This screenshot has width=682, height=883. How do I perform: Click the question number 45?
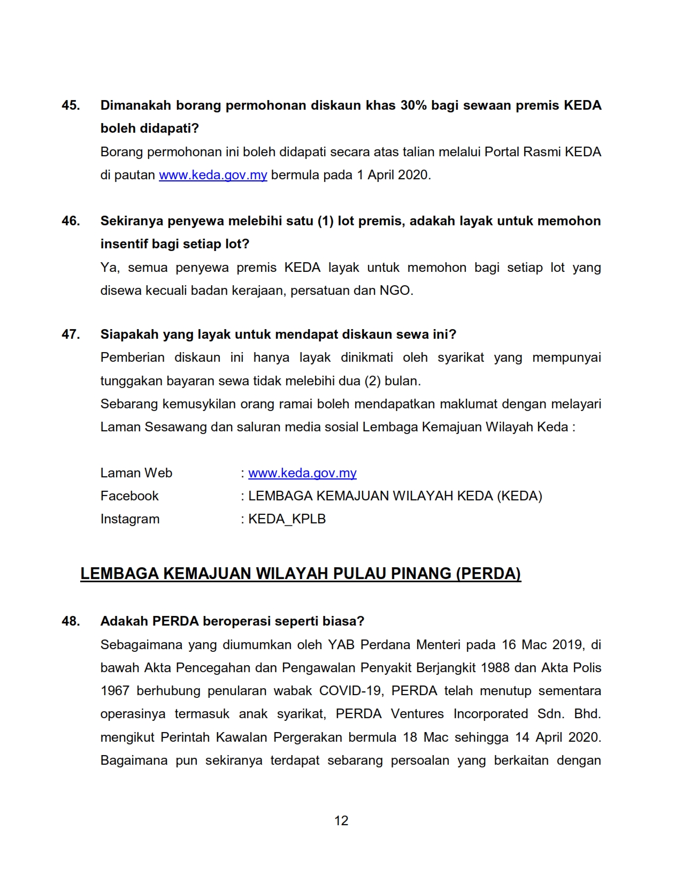(x=71, y=105)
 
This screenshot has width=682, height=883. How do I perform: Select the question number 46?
(x=71, y=221)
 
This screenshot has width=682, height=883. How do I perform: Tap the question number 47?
(x=71, y=334)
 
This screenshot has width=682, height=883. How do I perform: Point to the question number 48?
(x=71, y=621)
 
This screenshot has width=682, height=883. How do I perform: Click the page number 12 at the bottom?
(x=341, y=821)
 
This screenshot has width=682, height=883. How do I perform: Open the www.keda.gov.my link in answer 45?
(x=213, y=175)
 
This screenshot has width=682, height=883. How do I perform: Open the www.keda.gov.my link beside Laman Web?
(x=302, y=473)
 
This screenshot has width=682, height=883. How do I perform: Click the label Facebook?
(x=129, y=496)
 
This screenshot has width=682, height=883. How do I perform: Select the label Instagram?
(x=130, y=519)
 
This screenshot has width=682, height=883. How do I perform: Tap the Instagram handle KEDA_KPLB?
(x=287, y=519)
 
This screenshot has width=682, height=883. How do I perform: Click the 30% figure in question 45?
(x=413, y=105)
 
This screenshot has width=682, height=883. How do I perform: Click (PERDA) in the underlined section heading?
(x=488, y=574)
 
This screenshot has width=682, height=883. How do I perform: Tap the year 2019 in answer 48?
(x=568, y=645)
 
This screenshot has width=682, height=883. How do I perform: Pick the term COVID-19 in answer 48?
(x=351, y=691)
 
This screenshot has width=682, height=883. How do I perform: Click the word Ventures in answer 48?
(x=417, y=714)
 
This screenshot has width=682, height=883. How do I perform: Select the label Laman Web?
(x=136, y=473)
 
